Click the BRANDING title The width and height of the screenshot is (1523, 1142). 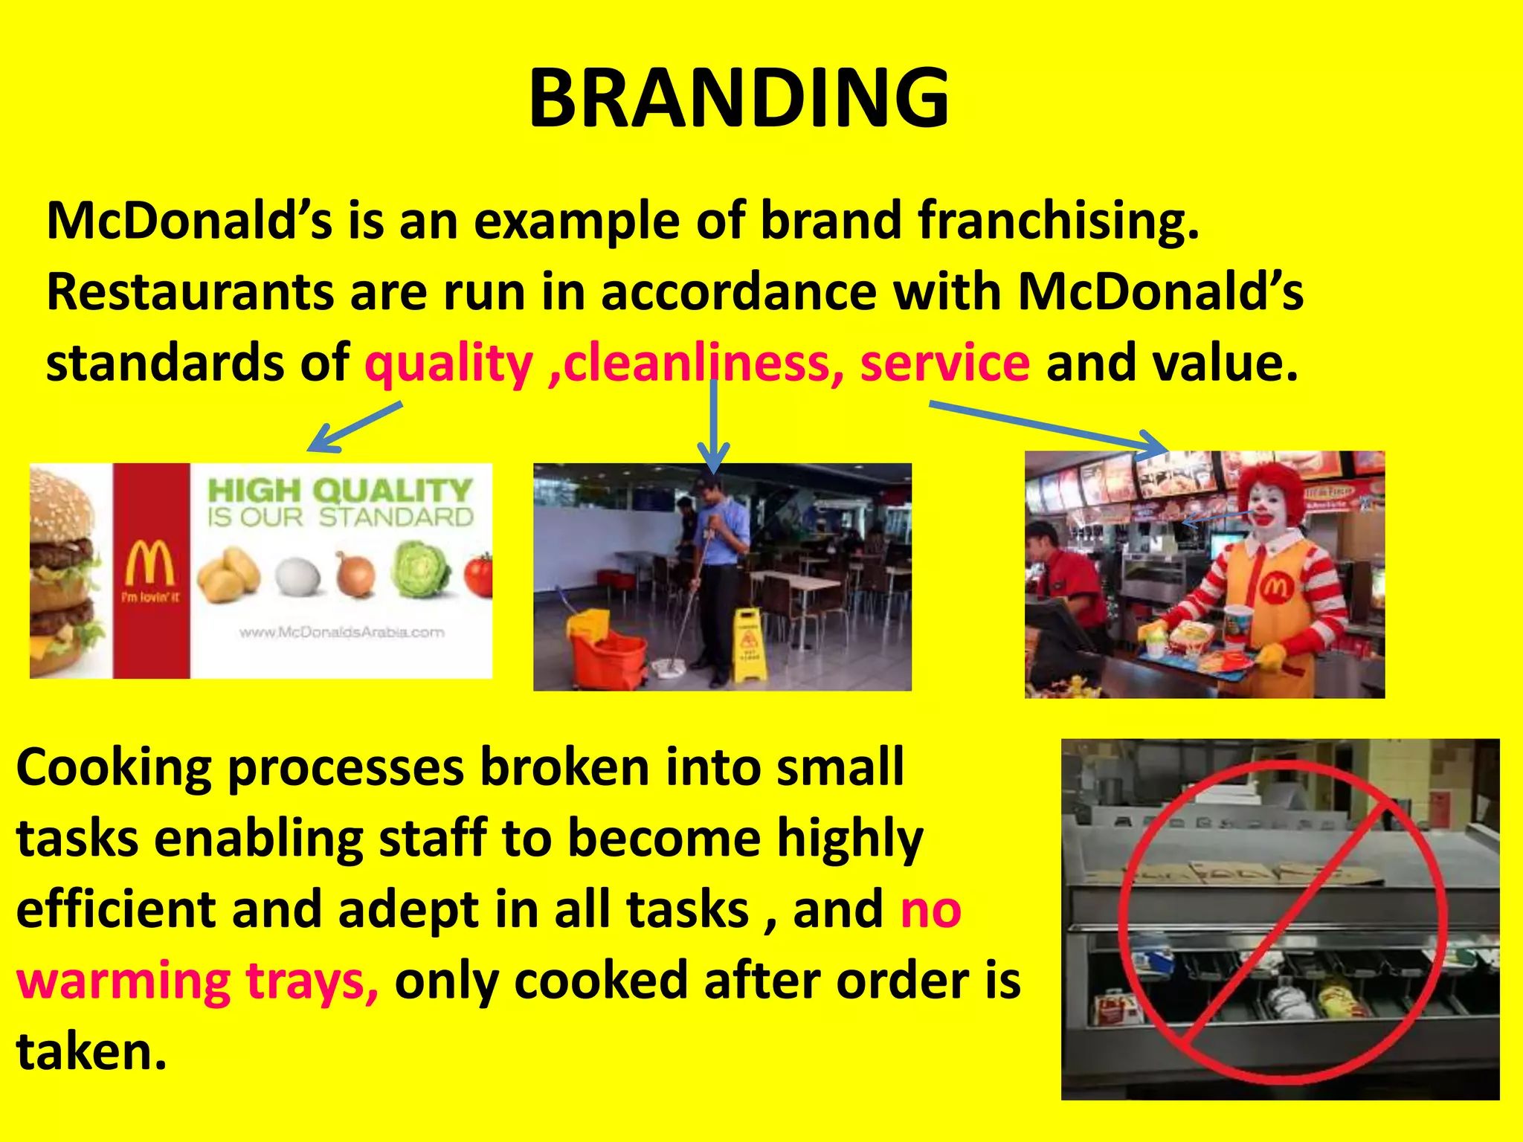click(738, 98)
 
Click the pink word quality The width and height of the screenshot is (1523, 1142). click(448, 364)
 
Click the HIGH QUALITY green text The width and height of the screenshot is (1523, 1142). click(339, 491)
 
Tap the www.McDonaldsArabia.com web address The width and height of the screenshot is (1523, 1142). click(341, 633)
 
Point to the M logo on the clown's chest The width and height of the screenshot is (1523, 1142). click(1276, 589)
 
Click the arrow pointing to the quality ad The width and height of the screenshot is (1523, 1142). click(355, 427)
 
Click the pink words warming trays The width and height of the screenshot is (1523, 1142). click(197, 981)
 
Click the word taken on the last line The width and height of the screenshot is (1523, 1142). click(91, 1051)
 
